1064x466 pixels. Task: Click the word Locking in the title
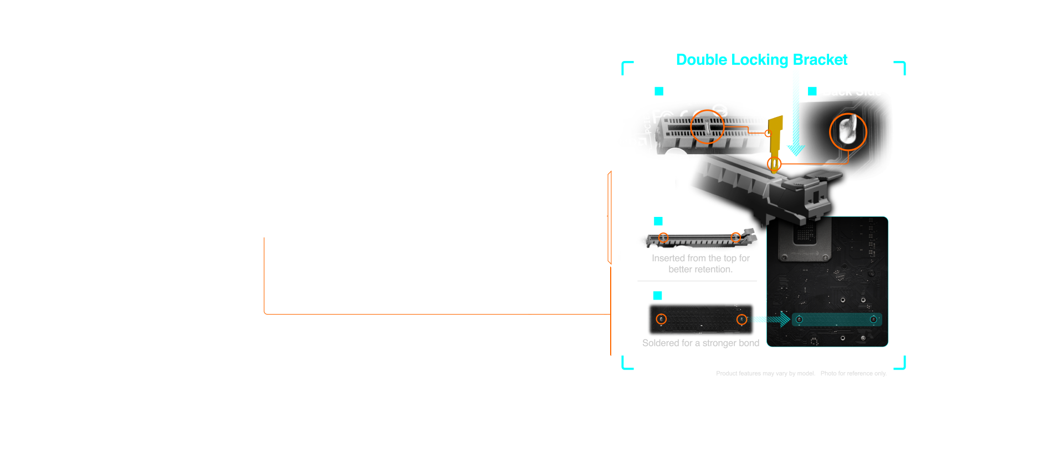point(760,60)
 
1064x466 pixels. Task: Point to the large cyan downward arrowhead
point(796,150)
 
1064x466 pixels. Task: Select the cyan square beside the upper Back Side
point(812,91)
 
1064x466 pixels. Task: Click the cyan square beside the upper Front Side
point(659,91)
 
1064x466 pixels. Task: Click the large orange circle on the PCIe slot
point(707,126)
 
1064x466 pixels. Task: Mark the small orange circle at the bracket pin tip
point(774,164)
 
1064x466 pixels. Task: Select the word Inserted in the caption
point(668,258)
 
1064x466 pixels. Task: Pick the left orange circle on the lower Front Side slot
point(663,237)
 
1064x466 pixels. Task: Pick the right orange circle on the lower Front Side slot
point(735,237)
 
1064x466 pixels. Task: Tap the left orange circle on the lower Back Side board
point(661,319)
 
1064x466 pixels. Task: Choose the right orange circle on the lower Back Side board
point(741,320)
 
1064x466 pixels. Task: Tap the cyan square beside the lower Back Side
point(658,296)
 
